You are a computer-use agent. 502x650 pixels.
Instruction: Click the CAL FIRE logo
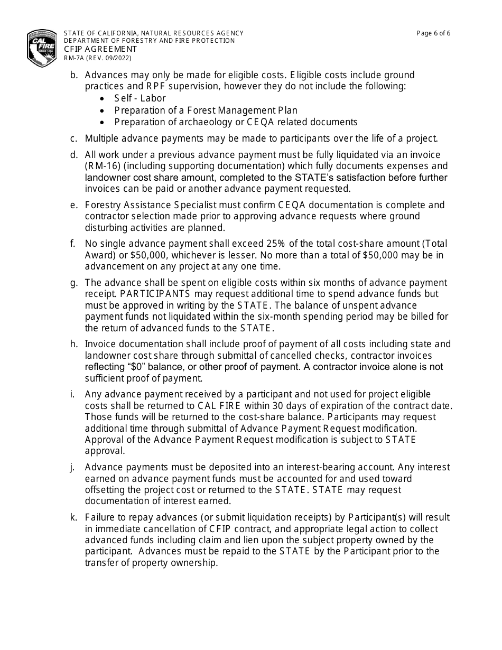click(x=42, y=48)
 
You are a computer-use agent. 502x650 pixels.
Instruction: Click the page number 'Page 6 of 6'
click(x=433, y=33)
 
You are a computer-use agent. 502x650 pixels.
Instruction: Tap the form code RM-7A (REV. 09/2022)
click(x=98, y=58)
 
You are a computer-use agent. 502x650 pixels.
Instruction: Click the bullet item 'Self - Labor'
click(x=140, y=98)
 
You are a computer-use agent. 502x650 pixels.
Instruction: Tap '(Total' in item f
click(x=433, y=244)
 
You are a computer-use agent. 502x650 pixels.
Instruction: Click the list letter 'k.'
click(x=74, y=517)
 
